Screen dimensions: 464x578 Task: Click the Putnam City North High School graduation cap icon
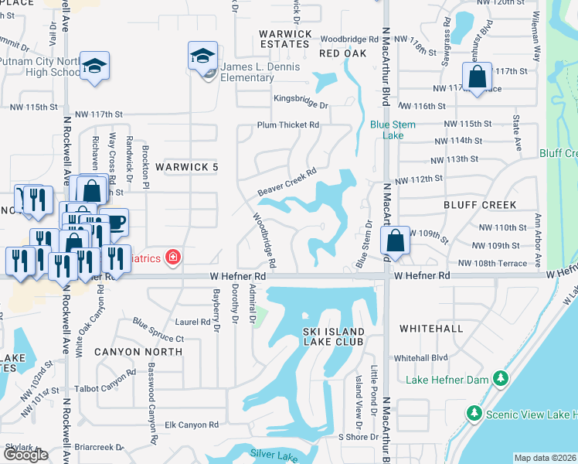[x=94, y=66]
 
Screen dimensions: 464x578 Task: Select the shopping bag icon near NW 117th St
[x=478, y=77]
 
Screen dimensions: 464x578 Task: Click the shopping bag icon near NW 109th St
[x=396, y=241]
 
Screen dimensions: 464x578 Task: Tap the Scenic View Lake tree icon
[x=473, y=414]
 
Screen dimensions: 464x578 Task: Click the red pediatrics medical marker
[x=174, y=258]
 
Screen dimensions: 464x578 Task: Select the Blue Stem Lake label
[x=393, y=129]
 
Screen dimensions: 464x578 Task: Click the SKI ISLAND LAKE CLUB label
[x=332, y=337]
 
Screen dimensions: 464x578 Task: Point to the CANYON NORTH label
[x=138, y=351]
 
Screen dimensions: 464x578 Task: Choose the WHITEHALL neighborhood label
[x=430, y=329]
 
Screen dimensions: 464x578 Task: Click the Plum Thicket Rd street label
[x=288, y=125]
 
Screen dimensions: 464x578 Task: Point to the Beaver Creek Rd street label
[x=288, y=182]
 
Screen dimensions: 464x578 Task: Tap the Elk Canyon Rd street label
[x=192, y=425]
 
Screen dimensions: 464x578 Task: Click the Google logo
[x=25, y=455]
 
